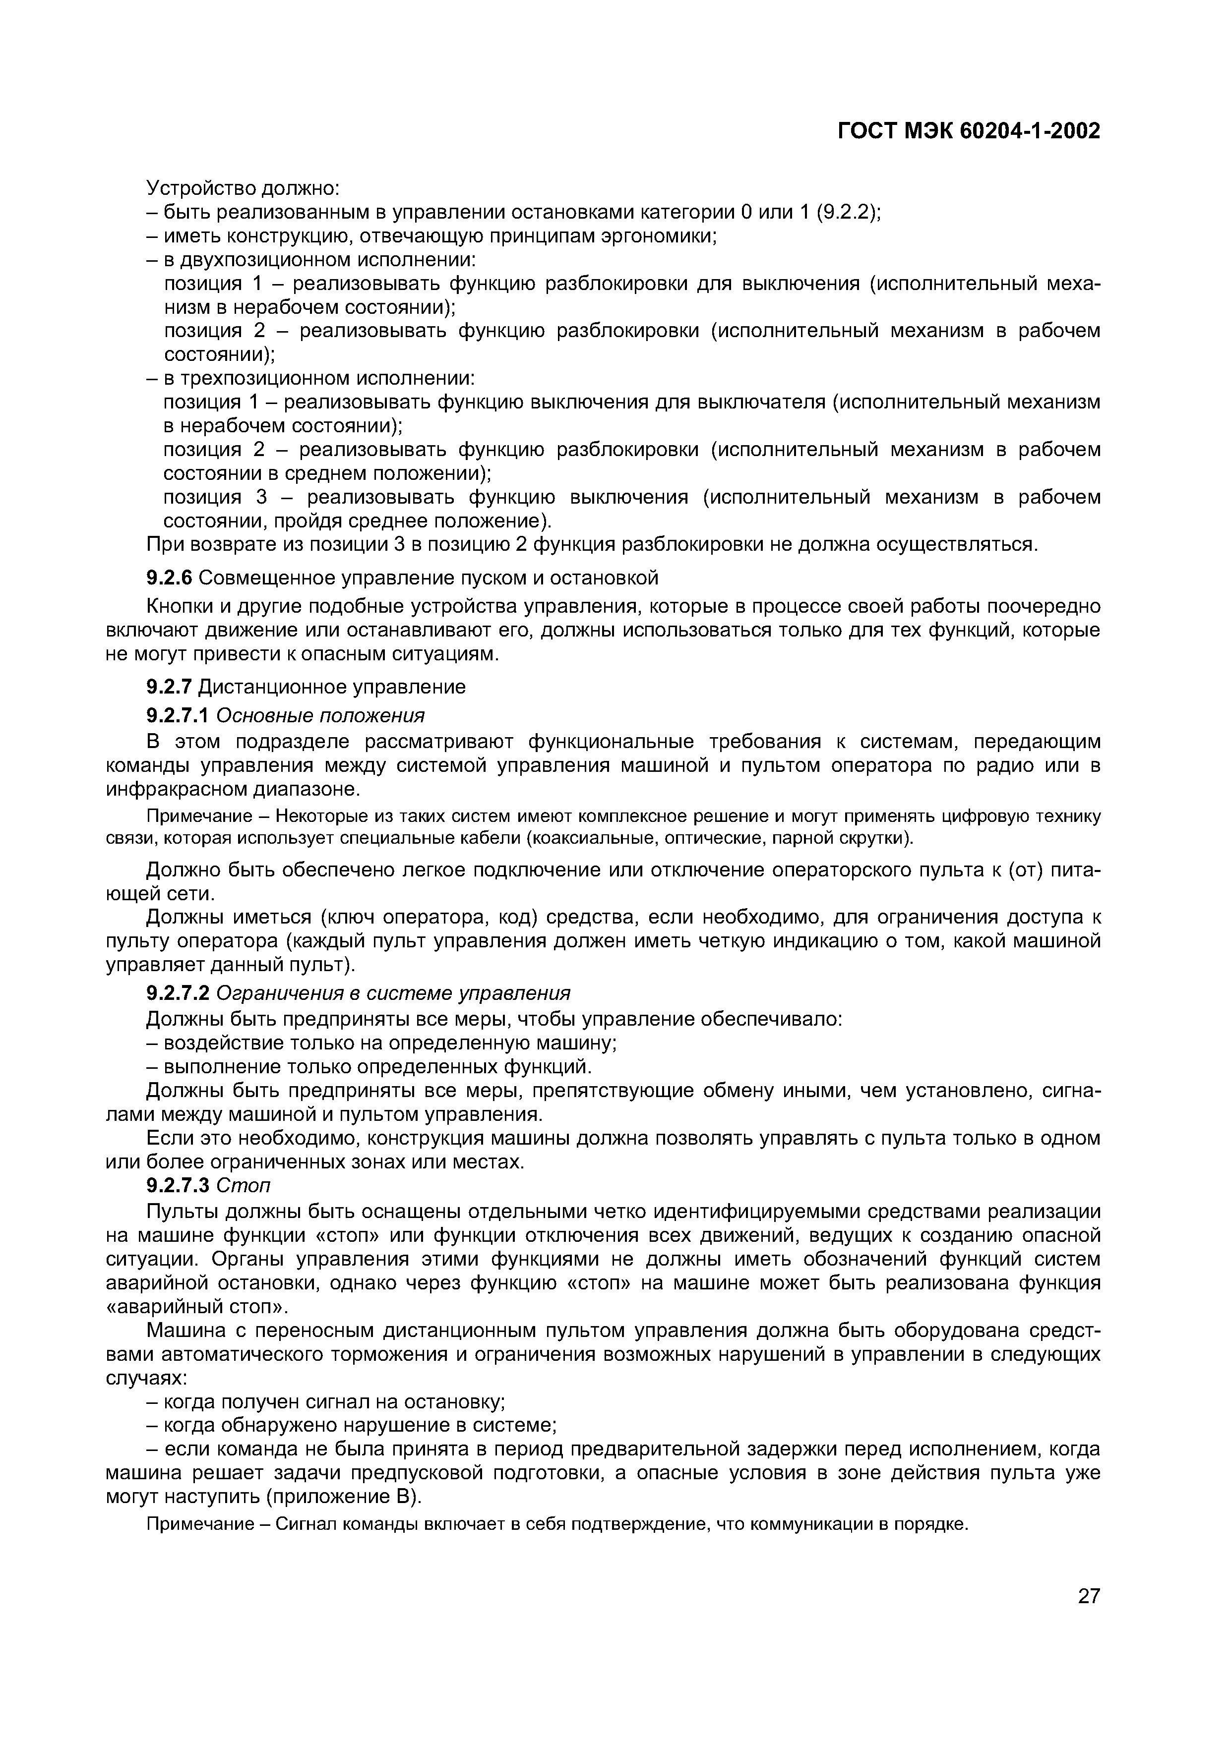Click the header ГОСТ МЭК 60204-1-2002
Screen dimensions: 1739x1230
click(969, 131)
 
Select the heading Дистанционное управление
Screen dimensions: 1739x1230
click(332, 687)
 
